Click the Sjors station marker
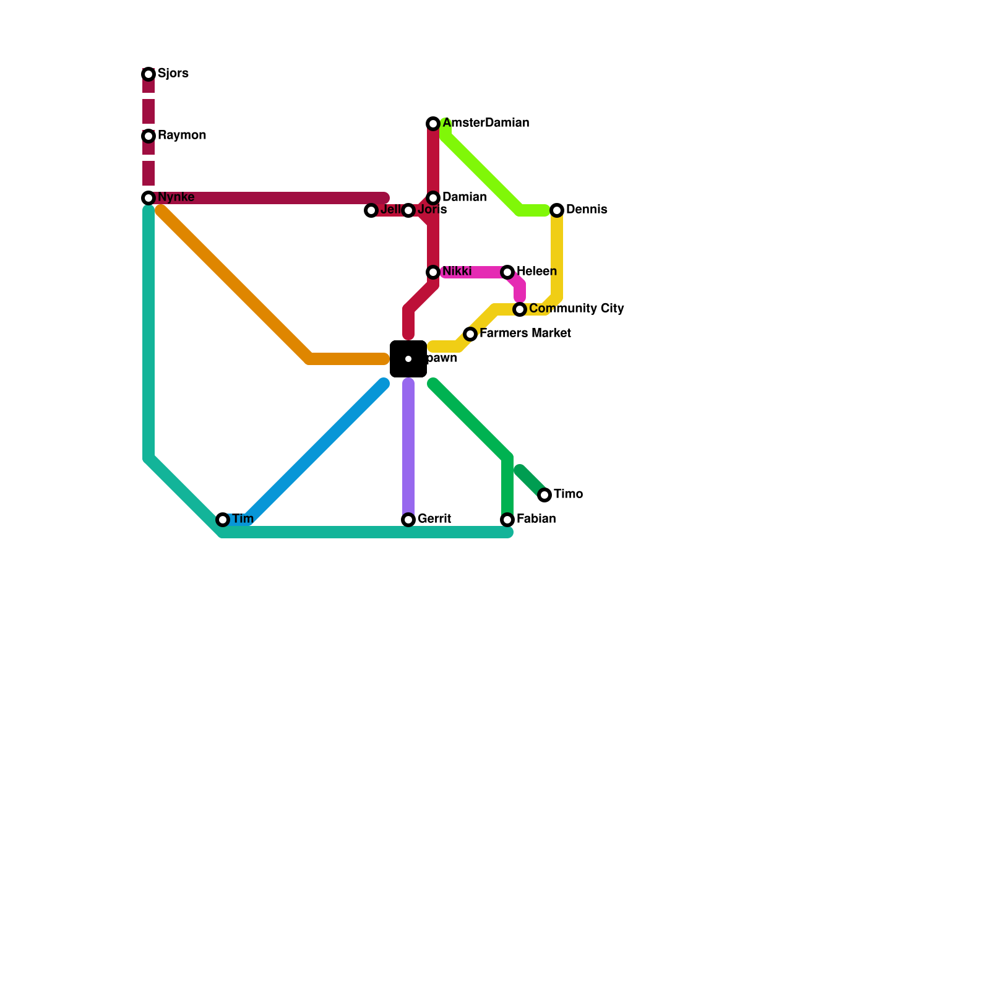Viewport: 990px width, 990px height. [x=148, y=74]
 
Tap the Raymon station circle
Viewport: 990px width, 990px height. [x=148, y=136]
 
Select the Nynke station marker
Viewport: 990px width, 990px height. [x=148, y=198]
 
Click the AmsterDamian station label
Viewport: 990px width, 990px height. [x=485, y=123]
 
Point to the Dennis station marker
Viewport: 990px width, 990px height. [x=557, y=210]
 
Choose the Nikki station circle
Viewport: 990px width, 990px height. [x=433, y=272]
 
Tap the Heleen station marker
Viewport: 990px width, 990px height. [x=507, y=272]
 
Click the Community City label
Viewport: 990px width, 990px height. [x=576, y=309]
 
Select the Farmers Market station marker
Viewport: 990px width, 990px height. [x=470, y=334]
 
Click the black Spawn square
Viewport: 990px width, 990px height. [x=408, y=359]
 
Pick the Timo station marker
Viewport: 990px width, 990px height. [x=544, y=495]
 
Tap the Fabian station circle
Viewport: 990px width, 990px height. [x=507, y=520]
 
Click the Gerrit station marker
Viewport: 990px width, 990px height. [x=408, y=520]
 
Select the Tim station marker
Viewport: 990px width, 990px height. [x=223, y=520]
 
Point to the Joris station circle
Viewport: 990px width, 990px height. [x=408, y=210]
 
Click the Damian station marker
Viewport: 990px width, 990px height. [x=433, y=198]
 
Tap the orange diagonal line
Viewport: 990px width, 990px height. [x=235, y=285]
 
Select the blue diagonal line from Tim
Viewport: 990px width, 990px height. [x=316, y=452]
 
